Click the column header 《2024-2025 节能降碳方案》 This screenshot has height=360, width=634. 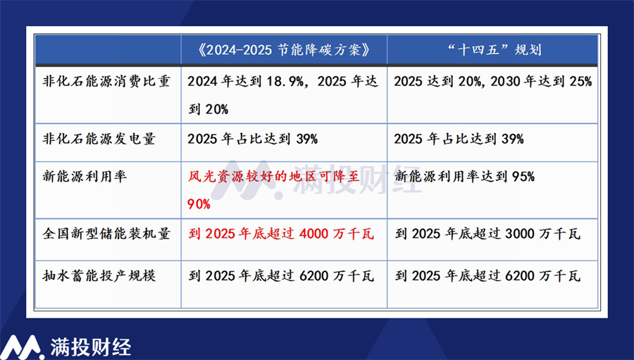tap(284, 50)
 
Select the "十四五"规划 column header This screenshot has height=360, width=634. tap(494, 50)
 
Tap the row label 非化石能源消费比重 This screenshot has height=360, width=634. tap(106, 81)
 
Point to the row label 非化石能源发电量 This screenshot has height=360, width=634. tap(99, 139)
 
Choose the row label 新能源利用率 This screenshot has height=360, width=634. tap(85, 176)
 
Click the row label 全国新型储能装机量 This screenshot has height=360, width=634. tap(106, 234)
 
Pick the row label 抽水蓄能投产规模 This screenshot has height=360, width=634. tap(99, 276)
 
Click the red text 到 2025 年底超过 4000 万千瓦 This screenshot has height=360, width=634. tap(281, 234)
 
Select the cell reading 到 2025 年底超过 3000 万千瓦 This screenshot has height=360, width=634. tap(487, 234)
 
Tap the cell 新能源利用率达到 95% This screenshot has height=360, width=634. tap(465, 176)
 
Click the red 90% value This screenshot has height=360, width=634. tap(199, 204)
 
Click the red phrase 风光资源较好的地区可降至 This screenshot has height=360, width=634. tap(274, 176)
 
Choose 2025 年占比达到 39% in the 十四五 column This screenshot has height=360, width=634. tap(459, 139)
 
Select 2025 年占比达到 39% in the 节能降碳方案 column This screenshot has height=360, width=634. tap(253, 139)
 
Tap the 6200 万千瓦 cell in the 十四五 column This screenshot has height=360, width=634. tap(487, 276)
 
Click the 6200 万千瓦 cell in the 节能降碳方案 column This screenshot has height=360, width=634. tap(281, 276)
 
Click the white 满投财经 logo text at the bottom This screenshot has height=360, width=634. tap(91, 347)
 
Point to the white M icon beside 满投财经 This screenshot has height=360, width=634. tap(22, 347)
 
